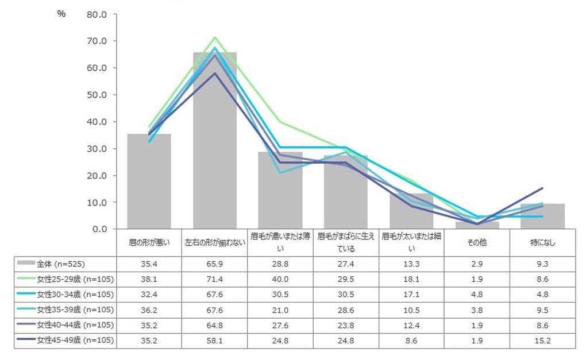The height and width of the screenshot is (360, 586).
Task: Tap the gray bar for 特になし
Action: coord(543,216)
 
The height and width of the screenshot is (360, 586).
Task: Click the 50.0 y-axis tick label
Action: coord(96,95)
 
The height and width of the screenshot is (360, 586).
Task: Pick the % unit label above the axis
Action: coord(61,14)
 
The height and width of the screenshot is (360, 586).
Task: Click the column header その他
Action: coord(477,243)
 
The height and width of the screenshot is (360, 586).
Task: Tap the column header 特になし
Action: coord(543,243)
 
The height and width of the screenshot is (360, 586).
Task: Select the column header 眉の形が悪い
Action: coord(149,243)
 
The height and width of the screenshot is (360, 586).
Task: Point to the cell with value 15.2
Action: coord(543,340)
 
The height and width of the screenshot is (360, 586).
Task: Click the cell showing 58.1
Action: coord(215,340)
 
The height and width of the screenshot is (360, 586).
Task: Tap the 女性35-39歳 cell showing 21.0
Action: coord(280,309)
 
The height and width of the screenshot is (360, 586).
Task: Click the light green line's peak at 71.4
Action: coord(215,37)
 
